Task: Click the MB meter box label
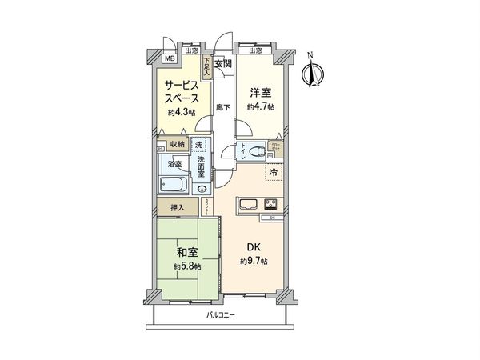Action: (x=170, y=58)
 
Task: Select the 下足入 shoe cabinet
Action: (x=206, y=66)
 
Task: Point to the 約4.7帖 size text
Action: (x=260, y=107)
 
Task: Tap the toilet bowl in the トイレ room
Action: (x=258, y=150)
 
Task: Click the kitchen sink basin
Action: (x=246, y=203)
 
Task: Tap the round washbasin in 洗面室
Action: (x=202, y=189)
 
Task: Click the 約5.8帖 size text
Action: (x=186, y=267)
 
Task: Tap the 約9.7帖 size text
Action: (x=254, y=262)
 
